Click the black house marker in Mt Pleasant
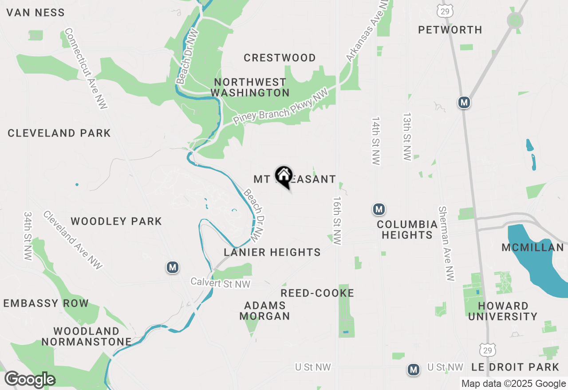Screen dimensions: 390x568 tap(284, 176)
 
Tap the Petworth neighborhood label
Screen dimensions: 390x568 tap(450, 30)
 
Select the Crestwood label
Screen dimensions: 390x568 tap(280, 58)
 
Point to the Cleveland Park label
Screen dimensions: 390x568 tap(59, 133)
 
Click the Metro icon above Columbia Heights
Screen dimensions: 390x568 tap(379, 209)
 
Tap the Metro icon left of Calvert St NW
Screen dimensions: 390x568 tap(173, 267)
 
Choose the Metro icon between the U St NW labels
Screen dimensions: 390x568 tap(414, 369)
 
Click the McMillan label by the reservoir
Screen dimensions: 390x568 tap(532, 247)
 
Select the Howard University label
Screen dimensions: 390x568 tap(503, 311)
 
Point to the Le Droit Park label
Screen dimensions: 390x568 tap(515, 367)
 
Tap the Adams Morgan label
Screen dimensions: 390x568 tap(264, 311)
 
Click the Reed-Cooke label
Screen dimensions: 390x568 tap(317, 293)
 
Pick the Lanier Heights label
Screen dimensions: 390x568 tap(272, 252)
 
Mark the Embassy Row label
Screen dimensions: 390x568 tap(46, 304)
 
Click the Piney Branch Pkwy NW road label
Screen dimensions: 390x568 tap(280, 107)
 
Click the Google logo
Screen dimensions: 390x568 tap(30, 380)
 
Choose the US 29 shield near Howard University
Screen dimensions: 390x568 tap(488, 350)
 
